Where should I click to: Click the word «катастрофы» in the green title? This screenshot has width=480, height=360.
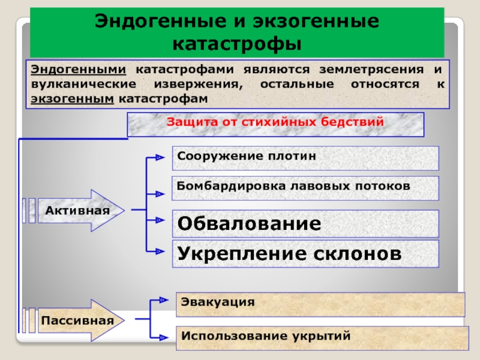(x=237, y=43)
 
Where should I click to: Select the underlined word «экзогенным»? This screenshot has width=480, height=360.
(x=72, y=98)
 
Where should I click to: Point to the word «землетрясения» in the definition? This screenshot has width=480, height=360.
(x=369, y=70)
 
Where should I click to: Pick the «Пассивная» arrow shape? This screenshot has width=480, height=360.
(x=78, y=320)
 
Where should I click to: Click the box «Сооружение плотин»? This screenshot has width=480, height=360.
(x=306, y=157)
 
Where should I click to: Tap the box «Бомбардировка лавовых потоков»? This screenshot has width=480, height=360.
(x=306, y=187)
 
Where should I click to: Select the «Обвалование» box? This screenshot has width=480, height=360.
(x=306, y=224)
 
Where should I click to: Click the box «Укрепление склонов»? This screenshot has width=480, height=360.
(x=306, y=253)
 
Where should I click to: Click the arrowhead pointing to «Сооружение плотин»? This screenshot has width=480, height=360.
(x=160, y=158)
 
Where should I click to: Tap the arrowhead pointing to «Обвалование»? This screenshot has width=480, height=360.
(x=160, y=220)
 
